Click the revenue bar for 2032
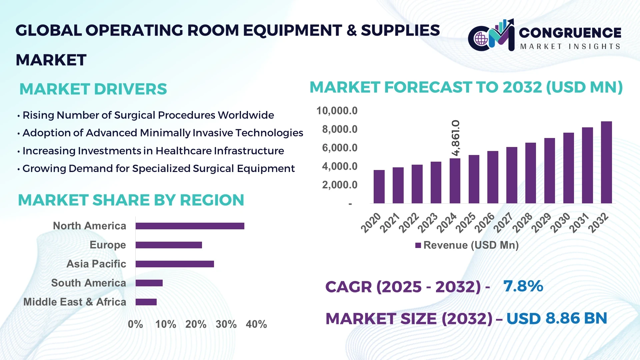(606, 162)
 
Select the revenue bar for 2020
(379, 187)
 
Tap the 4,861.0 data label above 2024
(455, 138)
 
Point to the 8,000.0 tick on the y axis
(339, 129)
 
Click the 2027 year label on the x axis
(503, 222)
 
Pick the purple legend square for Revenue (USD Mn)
(418, 246)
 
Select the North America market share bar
(190, 226)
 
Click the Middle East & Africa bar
(146, 302)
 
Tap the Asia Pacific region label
(96, 264)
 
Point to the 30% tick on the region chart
(226, 324)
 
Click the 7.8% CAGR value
(523, 286)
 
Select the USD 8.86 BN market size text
(556, 318)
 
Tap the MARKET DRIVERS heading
(93, 89)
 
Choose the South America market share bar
(149, 283)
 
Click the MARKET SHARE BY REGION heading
(131, 200)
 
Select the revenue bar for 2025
(474, 179)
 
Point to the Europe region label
(108, 245)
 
